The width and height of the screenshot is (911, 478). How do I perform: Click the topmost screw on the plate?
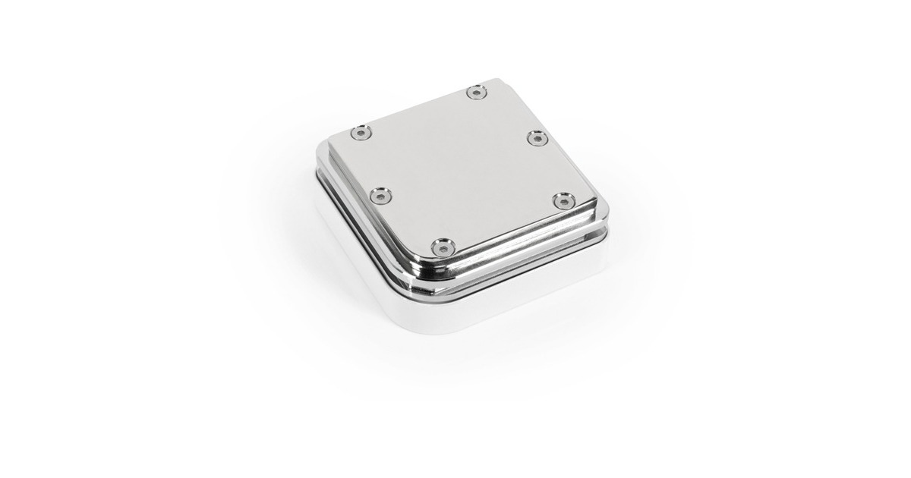pos(476,93)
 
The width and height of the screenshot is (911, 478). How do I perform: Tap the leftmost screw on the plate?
pos(358,134)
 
